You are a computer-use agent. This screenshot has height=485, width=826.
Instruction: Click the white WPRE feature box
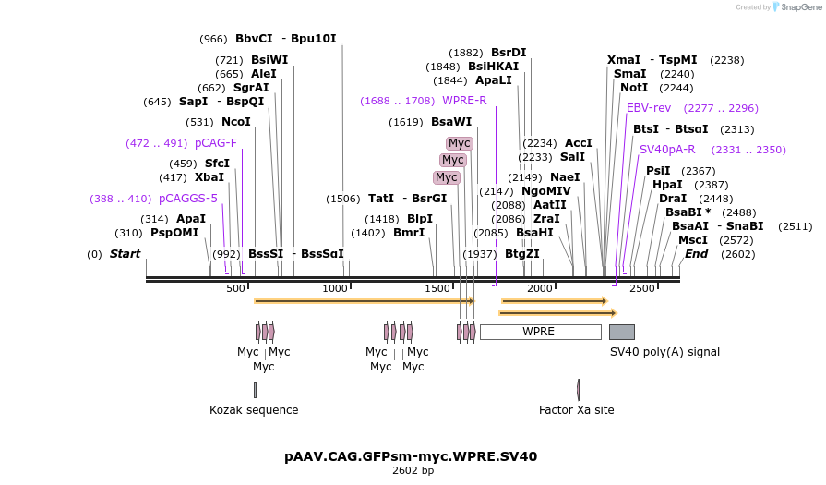[x=540, y=332]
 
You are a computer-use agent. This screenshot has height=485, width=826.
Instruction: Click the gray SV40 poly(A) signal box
[x=621, y=332]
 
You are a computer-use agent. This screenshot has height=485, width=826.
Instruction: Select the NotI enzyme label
[x=634, y=88]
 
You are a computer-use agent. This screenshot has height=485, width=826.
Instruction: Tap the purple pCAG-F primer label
[x=216, y=143]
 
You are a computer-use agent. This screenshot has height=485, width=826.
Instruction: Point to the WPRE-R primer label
[x=464, y=101]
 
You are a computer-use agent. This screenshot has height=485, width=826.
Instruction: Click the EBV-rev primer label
[x=649, y=108]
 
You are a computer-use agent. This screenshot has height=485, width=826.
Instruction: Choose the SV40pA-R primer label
[x=667, y=150]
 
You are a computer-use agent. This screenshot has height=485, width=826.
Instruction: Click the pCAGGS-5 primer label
[x=188, y=199]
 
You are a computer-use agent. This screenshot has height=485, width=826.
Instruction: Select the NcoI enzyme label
[x=236, y=122]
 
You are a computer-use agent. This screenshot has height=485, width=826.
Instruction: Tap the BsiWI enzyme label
[x=269, y=60]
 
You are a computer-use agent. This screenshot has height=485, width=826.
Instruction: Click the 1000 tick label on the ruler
[x=335, y=289]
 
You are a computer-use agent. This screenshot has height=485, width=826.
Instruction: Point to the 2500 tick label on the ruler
[x=641, y=289]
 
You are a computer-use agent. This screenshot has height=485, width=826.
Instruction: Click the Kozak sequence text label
[x=254, y=410]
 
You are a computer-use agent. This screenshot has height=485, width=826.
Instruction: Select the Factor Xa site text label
[x=577, y=410]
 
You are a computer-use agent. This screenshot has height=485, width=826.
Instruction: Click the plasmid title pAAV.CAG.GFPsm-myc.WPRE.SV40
[x=411, y=456]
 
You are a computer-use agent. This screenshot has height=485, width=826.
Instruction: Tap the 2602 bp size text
[x=413, y=471]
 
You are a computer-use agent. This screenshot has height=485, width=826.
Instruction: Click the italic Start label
[x=125, y=254]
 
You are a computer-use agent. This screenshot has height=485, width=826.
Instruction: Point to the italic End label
[x=696, y=254]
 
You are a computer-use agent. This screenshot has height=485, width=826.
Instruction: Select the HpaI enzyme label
[x=667, y=185]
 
